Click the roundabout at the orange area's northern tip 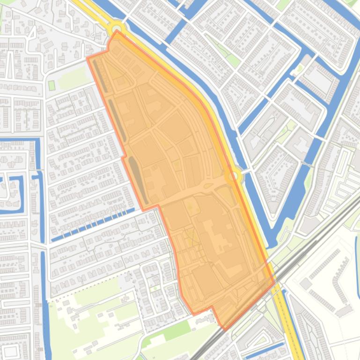[x=117, y=28]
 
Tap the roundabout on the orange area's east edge [x=233, y=176]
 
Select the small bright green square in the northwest [x=51, y=86]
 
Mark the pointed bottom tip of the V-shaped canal [x=274, y=243]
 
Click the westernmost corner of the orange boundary [x=88, y=58]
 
